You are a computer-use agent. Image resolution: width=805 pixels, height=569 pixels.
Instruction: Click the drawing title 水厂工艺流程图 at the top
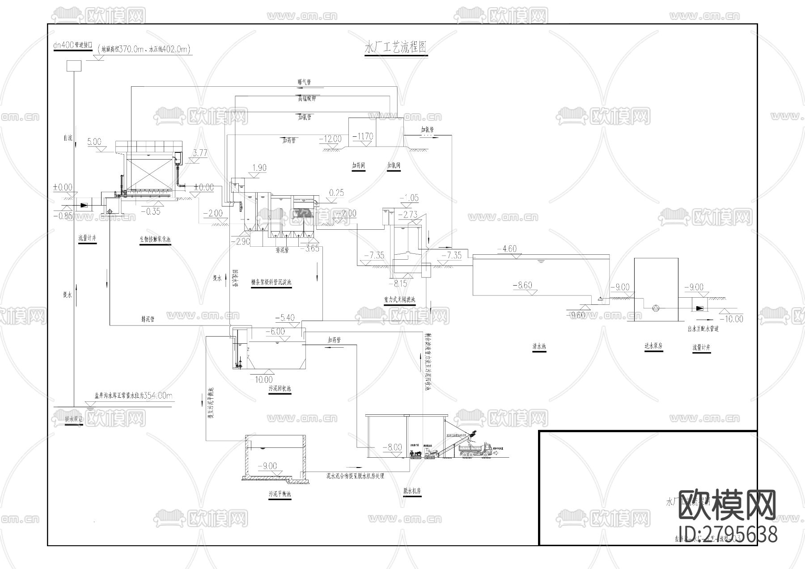396,47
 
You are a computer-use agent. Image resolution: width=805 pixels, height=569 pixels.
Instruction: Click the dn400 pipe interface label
72,46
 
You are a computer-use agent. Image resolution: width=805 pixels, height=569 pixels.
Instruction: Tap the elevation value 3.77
199,153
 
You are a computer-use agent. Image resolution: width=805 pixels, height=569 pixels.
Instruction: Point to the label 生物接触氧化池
155,239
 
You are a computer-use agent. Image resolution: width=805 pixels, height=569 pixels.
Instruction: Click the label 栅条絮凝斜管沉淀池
271,282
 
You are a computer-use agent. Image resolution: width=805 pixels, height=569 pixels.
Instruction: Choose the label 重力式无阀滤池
399,299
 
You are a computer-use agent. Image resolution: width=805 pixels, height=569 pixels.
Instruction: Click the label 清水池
539,346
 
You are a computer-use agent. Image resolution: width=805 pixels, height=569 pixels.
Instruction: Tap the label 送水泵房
653,346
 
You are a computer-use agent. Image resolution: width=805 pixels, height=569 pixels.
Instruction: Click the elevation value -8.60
522,285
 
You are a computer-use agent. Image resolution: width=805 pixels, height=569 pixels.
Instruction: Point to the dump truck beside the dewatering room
477,449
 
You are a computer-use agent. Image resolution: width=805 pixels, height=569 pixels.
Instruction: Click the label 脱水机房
412,491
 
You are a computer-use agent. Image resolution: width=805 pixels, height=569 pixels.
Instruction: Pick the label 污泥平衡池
280,494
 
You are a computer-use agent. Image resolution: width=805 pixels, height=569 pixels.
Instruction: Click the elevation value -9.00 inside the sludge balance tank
267,466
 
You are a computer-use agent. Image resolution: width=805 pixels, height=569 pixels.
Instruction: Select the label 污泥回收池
280,389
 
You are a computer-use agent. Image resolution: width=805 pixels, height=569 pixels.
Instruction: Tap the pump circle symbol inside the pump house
656,308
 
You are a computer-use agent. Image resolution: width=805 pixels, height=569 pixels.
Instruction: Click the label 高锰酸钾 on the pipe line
307,99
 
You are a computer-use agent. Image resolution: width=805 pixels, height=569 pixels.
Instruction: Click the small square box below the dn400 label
74,66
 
